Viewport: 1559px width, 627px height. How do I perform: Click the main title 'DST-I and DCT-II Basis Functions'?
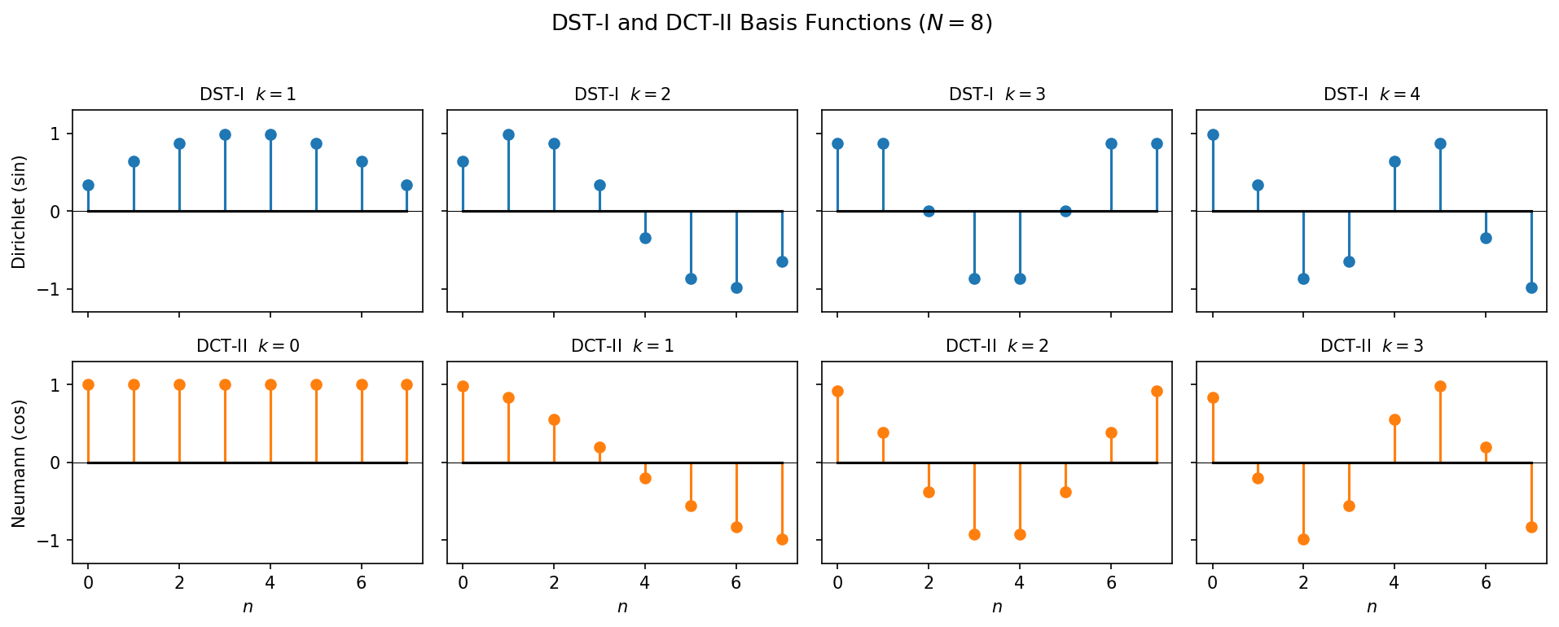point(771,24)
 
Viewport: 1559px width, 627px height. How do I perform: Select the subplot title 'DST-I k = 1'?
point(248,94)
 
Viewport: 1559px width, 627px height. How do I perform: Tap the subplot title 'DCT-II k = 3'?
point(1372,346)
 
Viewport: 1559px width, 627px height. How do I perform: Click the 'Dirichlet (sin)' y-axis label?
point(20,212)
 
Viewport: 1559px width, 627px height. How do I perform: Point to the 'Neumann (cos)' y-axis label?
point(20,463)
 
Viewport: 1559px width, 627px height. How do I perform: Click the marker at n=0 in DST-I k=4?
point(1213,134)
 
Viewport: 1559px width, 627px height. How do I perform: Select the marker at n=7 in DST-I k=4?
point(1531,287)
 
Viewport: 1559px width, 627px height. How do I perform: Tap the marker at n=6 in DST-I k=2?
point(736,287)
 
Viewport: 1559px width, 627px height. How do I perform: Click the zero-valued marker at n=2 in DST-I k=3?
point(929,211)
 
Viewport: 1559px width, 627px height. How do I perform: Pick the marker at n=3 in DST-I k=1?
point(225,134)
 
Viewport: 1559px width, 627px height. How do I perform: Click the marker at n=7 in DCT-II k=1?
point(782,539)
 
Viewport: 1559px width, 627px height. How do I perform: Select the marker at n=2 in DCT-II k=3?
point(1303,539)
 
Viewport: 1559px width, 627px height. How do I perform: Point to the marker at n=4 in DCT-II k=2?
point(1020,534)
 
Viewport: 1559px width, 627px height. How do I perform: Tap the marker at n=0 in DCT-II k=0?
point(88,384)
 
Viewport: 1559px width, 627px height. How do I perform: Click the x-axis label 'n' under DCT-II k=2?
point(997,607)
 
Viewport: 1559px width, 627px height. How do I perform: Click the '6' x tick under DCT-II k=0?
point(362,583)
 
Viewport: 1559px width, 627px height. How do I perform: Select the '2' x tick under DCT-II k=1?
point(554,583)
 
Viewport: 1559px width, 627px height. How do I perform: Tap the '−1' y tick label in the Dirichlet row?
point(50,290)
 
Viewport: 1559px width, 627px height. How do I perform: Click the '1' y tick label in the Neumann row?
point(56,385)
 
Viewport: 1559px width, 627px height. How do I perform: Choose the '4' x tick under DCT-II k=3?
point(1394,583)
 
